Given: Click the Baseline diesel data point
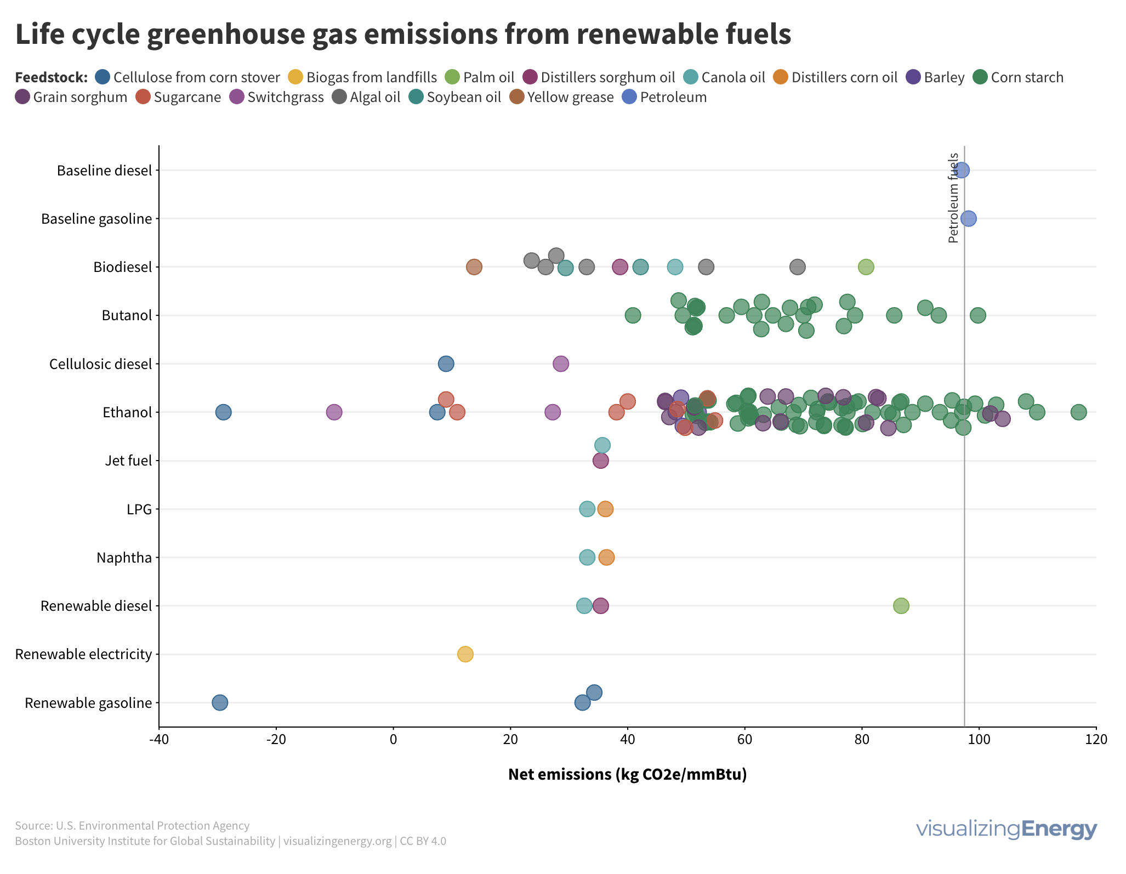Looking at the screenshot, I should pyautogui.click(x=961, y=170).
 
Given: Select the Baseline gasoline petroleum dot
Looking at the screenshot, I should pyautogui.click(x=968, y=218).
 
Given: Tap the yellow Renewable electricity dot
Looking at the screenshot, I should pyautogui.click(x=465, y=654).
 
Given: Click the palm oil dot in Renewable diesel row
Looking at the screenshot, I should pyautogui.click(x=901, y=605).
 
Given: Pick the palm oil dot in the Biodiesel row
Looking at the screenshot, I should pyautogui.click(x=866, y=267).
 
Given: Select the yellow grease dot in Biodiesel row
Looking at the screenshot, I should pyautogui.click(x=474, y=267).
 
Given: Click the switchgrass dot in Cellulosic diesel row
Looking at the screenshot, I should pyautogui.click(x=560, y=364).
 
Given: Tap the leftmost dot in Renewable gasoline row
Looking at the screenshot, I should pyautogui.click(x=220, y=702).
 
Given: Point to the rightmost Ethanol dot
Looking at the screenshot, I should pyautogui.click(x=1078, y=412).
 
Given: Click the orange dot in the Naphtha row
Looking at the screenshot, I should pyautogui.click(x=606, y=557).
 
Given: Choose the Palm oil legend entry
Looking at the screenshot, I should pyautogui.click(x=479, y=77).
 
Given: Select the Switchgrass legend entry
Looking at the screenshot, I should pyautogui.click(x=276, y=97).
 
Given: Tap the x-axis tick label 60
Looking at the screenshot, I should pyautogui.click(x=744, y=740).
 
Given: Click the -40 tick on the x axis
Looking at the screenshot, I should pyautogui.click(x=159, y=740).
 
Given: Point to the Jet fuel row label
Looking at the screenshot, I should pyautogui.click(x=128, y=461).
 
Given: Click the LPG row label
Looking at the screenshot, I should pyautogui.click(x=139, y=509).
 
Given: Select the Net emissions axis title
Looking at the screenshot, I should pyautogui.click(x=627, y=774).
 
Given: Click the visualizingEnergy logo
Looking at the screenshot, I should pyautogui.click(x=1006, y=828).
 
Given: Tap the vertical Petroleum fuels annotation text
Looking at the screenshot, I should pyautogui.click(x=953, y=197).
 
